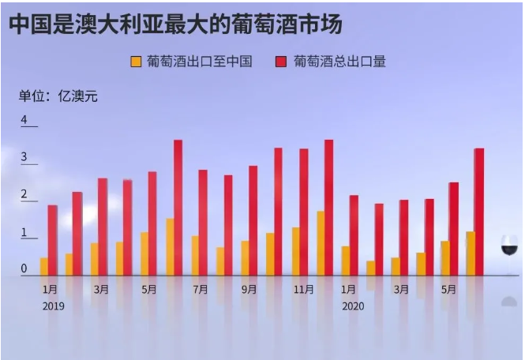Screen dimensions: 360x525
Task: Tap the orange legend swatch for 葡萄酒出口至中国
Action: (136, 62)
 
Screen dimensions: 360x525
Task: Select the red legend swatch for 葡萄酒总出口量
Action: (281, 62)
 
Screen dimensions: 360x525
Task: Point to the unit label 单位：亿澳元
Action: (58, 96)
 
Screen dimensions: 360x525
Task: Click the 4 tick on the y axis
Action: (24, 121)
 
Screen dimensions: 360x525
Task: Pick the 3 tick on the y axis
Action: (24, 158)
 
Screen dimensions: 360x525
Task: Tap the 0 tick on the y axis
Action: (24, 269)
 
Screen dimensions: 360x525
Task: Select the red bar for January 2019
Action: (53, 240)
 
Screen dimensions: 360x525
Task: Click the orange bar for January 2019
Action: (44, 266)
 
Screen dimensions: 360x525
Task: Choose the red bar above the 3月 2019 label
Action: (103, 227)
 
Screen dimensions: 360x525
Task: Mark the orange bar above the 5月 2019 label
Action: (144, 253)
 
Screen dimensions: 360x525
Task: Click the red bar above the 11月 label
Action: (304, 212)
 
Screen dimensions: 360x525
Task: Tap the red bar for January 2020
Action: (354, 234)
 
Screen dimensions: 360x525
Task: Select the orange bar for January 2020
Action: (345, 261)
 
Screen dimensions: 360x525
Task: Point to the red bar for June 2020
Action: (478, 212)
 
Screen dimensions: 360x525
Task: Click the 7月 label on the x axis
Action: (201, 290)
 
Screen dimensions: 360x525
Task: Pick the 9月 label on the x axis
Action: (249, 290)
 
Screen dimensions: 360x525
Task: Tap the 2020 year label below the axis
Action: (353, 306)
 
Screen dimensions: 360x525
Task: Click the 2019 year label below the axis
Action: (53, 306)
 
